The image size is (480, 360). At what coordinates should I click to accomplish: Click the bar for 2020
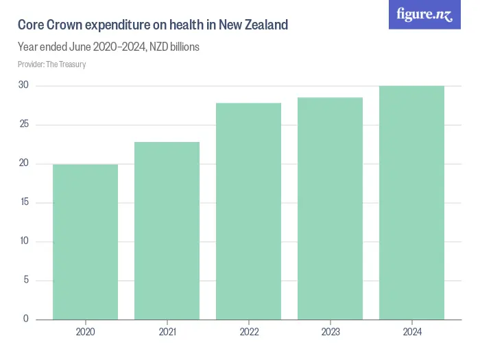85,241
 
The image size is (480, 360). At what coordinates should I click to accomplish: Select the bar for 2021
167,230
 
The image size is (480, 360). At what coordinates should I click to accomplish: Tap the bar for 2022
248,211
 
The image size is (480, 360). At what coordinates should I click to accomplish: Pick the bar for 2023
330,208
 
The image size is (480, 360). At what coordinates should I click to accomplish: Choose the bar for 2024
411,202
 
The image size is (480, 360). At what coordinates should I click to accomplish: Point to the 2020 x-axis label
85,332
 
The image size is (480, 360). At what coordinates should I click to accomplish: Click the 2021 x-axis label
167,332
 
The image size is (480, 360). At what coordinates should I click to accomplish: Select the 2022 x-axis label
248,332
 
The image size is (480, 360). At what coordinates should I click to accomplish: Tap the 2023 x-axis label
330,332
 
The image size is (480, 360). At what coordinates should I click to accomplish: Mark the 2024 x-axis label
411,332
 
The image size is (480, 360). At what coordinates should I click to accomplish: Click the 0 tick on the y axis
25,319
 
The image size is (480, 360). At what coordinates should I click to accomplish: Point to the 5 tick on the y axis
25,280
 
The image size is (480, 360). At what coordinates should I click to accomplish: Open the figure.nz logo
424,15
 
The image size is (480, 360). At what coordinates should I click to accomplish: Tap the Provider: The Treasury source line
51,64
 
